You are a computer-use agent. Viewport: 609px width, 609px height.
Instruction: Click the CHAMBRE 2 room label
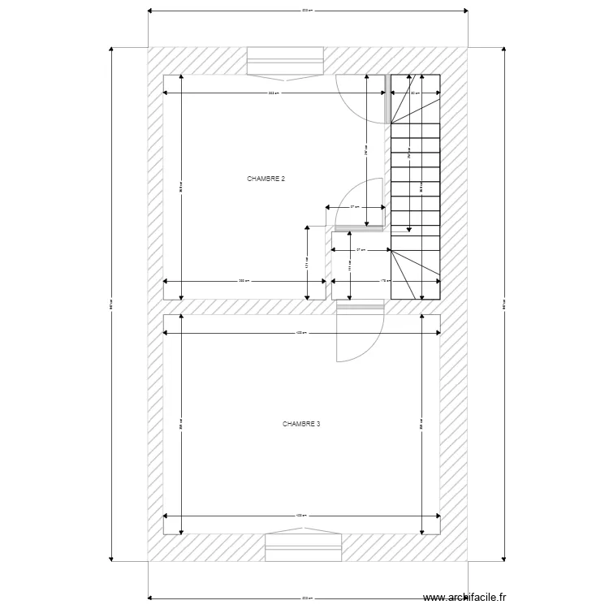pyautogui.click(x=266, y=178)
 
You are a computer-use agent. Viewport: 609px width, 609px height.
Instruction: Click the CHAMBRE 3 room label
pyautogui.click(x=301, y=424)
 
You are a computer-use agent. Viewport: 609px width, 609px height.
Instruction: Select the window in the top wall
pyautogui.click(x=285, y=61)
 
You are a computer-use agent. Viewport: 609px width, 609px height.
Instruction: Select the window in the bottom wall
pyautogui.click(x=303, y=547)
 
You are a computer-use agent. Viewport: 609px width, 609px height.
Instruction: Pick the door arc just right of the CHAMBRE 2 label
pyautogui.click(x=356, y=199)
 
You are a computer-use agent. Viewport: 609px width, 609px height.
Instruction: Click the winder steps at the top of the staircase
pyautogui.click(x=415, y=99)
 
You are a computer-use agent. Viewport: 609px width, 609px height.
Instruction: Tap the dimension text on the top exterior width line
pyautogui.click(x=307, y=11)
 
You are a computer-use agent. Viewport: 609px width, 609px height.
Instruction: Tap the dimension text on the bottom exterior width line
pyautogui.click(x=307, y=598)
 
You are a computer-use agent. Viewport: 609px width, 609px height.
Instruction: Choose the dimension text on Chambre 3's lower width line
pyautogui.click(x=300, y=516)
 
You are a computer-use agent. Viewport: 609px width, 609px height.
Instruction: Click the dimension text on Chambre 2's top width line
pyautogui.click(x=274, y=93)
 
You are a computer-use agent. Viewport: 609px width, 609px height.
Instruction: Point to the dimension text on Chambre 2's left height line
pyautogui.click(x=180, y=187)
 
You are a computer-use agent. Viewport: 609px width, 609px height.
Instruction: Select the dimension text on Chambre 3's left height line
pyautogui.click(x=180, y=424)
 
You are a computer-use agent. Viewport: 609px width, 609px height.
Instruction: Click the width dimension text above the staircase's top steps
pyautogui.click(x=415, y=93)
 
